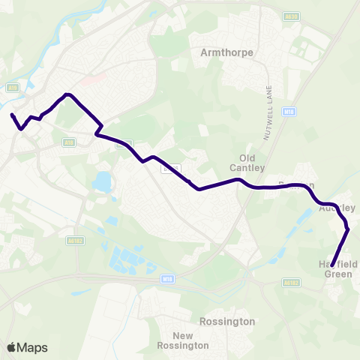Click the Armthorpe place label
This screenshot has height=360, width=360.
pyautogui.click(x=228, y=53)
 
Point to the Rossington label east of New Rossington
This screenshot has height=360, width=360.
pyautogui.click(x=227, y=322)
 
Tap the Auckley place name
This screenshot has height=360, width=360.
pyautogui.click(x=337, y=208)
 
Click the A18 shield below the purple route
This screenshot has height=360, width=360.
pyautogui.click(x=70, y=140)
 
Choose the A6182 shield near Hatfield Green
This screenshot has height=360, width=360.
pyautogui.click(x=290, y=283)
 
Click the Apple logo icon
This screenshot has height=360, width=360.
pyautogui.click(x=11, y=347)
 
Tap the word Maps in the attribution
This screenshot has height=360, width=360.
pyautogui.click(x=32, y=347)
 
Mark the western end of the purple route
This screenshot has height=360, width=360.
pyautogui.click(x=12, y=115)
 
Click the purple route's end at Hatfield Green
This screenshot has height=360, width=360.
pyautogui.click(x=331, y=265)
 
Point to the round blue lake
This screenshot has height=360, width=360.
pyautogui.click(x=102, y=181)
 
